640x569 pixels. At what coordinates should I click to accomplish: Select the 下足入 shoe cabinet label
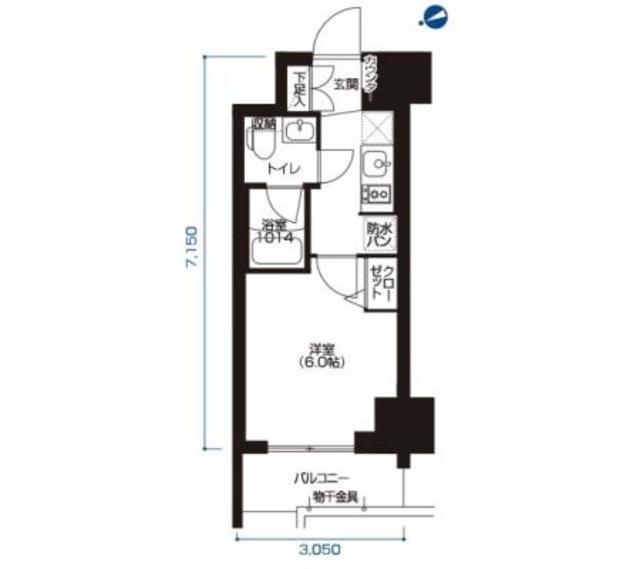(299, 88)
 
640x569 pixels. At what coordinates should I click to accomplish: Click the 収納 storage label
(263, 125)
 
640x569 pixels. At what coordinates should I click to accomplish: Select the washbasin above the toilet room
(298, 130)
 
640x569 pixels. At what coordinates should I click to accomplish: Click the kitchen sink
(378, 163)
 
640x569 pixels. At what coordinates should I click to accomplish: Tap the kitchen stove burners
(376, 193)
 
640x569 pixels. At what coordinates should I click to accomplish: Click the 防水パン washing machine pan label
(378, 235)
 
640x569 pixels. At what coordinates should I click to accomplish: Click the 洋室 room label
(320, 350)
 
